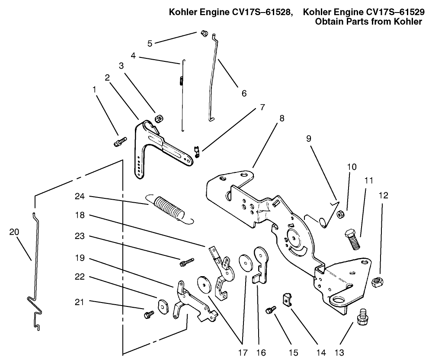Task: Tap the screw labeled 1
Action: pos(120,142)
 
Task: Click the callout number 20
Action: pos(14,232)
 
